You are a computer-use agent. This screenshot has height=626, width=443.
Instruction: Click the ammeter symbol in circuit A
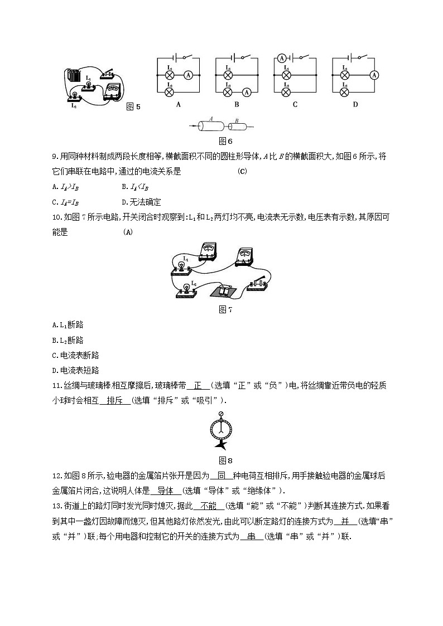pos(189,74)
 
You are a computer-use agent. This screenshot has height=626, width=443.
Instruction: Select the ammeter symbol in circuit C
pos(282,58)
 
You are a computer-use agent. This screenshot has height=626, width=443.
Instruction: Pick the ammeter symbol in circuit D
pos(374,74)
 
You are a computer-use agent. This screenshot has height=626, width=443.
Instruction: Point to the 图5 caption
pos(133,107)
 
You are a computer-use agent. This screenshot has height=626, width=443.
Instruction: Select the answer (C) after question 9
pos(242,172)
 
